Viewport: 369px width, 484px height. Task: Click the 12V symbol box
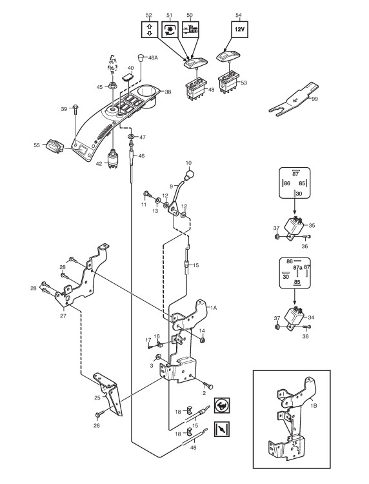240,29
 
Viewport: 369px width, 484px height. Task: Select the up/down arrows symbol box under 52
150,29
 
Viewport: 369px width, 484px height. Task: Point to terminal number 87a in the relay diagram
297,267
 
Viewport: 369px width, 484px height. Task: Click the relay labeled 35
295,227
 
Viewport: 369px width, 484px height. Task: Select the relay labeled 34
295,318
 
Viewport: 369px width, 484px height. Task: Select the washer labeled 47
132,137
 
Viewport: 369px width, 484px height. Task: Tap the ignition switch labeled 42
112,159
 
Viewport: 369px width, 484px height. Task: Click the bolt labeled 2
208,386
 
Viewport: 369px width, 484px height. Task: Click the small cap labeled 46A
141,57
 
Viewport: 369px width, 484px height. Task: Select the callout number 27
63,316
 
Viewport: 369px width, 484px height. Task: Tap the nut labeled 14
202,340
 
